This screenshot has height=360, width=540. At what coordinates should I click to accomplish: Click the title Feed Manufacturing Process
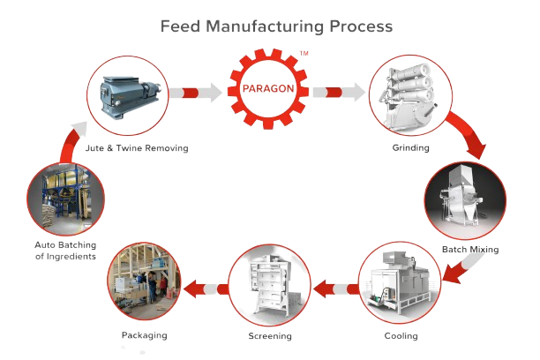pos(276,26)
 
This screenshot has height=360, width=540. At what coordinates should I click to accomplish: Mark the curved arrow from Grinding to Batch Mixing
pos(467,133)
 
